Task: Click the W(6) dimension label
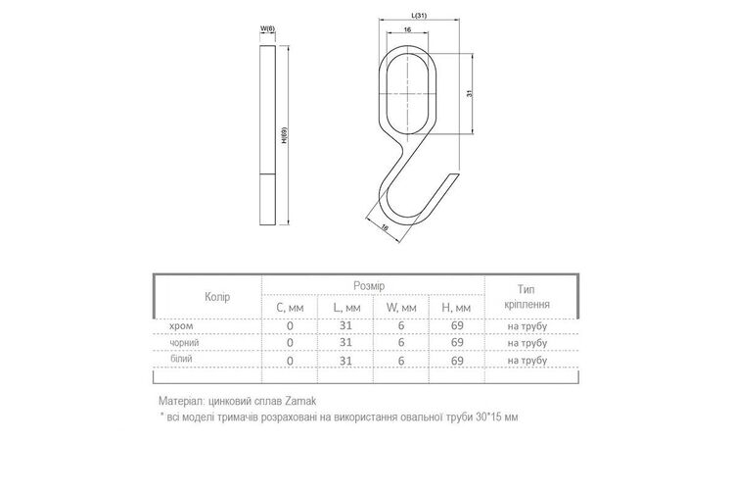click(x=268, y=28)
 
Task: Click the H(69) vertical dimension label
click(x=284, y=135)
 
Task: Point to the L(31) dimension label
click(x=419, y=16)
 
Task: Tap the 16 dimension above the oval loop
click(x=407, y=29)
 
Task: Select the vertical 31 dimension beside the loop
click(x=470, y=93)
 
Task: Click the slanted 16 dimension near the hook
click(x=385, y=228)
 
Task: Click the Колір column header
click(x=217, y=297)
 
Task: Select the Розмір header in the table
click(x=369, y=286)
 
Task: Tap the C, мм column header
click(x=290, y=308)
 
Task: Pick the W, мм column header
click(x=401, y=308)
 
